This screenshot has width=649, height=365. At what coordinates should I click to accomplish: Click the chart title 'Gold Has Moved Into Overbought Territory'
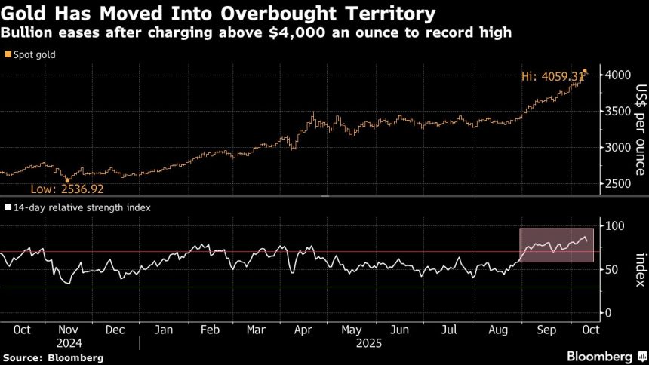(219, 13)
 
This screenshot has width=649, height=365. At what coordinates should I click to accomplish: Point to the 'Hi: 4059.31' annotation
(552, 76)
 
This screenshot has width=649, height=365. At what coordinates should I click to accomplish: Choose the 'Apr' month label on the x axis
(304, 329)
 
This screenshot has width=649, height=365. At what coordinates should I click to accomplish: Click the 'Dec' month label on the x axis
(116, 329)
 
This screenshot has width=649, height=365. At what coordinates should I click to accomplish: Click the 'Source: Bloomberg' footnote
(53, 357)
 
